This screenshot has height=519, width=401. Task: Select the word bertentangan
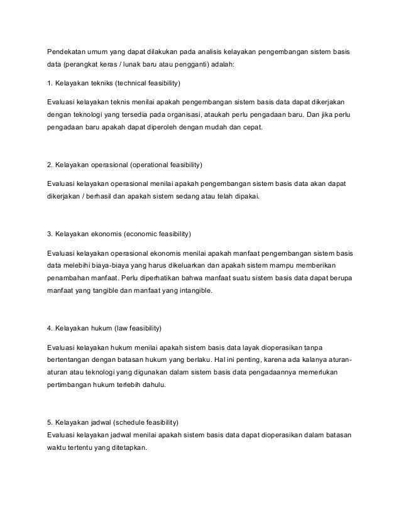pos(70,361)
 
